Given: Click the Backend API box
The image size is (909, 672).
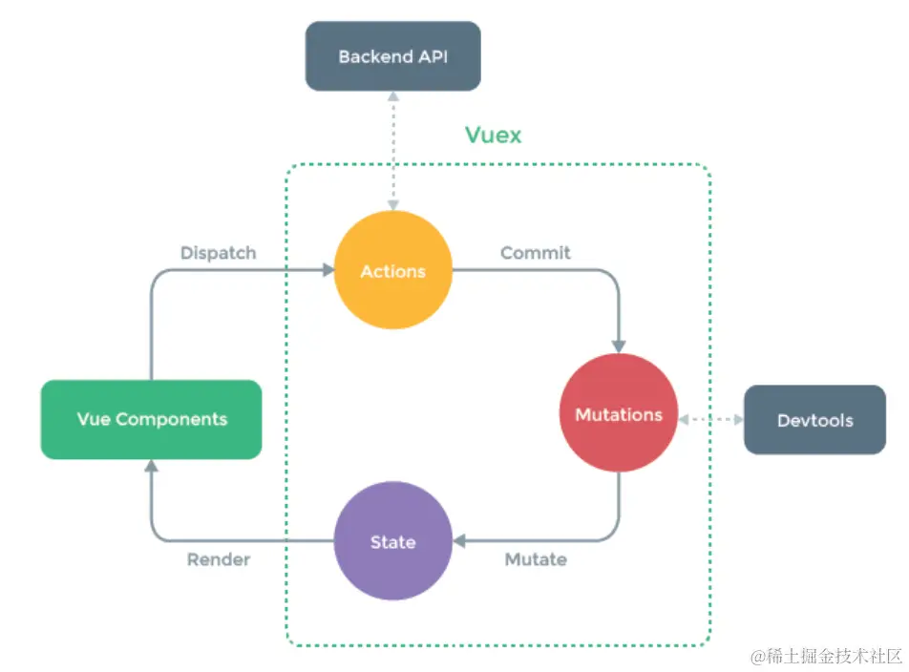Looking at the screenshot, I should coord(392,56).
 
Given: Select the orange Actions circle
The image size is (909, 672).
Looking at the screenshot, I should coord(392,271).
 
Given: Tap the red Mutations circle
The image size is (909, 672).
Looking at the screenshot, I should coord(619,415).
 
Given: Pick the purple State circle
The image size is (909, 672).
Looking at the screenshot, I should coord(392,541).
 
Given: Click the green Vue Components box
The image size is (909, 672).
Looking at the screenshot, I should coord(151,419).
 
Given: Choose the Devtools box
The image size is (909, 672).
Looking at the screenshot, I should coord(814,420).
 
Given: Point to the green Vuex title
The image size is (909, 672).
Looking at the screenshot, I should coord(494,135).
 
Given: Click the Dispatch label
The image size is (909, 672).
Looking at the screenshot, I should coord(219,253).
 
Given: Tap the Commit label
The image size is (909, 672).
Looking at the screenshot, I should coord(536,253).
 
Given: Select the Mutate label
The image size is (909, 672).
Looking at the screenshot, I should coord(536,559).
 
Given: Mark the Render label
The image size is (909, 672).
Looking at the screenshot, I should coord(219,559).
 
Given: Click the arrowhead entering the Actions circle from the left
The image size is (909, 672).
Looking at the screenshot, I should coord(327,271).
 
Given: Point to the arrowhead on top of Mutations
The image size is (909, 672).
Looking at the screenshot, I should coord(619,346).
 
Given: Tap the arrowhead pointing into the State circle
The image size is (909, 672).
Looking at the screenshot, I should coord(459,541).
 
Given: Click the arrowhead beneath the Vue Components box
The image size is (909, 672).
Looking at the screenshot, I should coord(151,466).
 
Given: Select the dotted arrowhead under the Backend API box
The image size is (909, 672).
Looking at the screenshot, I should coord(392,97).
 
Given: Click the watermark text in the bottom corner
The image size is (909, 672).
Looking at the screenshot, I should coord(827,657).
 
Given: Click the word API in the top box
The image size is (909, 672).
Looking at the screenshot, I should coord(432,56).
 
